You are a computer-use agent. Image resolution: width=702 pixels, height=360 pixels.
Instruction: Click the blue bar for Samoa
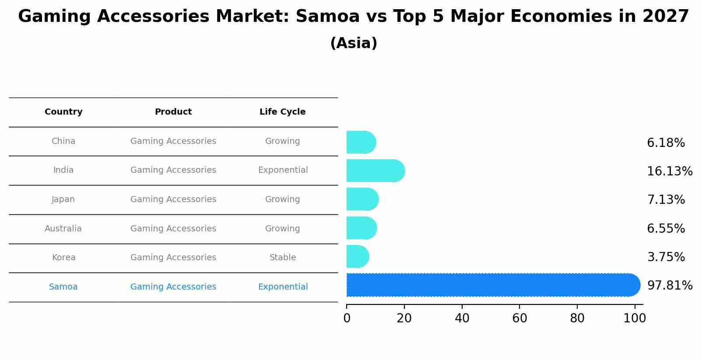pyautogui.click(x=493, y=285)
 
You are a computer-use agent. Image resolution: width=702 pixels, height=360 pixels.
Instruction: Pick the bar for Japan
pyautogui.click(x=362, y=199)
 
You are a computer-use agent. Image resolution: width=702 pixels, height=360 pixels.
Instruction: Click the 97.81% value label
pyautogui.click(x=670, y=286)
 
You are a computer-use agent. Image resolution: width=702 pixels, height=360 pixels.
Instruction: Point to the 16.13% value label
pyautogui.click(x=670, y=171)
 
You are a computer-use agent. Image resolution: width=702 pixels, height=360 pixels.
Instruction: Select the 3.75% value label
pyautogui.click(x=666, y=257)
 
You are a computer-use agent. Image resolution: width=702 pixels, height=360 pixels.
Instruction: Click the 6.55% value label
pyautogui.click(x=666, y=229)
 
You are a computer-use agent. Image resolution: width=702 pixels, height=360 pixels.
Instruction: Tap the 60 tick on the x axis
pyautogui.click(x=519, y=318)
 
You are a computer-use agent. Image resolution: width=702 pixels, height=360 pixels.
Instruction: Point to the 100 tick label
pyautogui.click(x=635, y=318)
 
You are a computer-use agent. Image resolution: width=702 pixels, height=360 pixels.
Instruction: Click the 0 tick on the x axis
pyautogui.click(x=347, y=318)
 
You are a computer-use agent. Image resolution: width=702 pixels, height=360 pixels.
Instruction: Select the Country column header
pyautogui.click(x=63, y=112)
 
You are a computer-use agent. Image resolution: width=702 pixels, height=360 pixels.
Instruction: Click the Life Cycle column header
pyautogui.click(x=282, y=112)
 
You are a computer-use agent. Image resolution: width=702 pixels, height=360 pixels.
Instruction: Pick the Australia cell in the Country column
pyautogui.click(x=63, y=229)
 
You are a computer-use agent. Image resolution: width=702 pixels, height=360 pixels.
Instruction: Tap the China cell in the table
pyautogui.click(x=63, y=141)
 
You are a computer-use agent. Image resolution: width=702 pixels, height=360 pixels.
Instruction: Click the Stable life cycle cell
pyautogui.click(x=282, y=258)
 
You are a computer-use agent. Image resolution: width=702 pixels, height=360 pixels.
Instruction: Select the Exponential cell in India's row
pyautogui.click(x=283, y=170)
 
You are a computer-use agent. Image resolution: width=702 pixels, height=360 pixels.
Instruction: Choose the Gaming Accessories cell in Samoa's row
pyautogui.click(x=173, y=287)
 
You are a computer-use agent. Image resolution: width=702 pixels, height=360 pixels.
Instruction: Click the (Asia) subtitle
pyautogui.click(x=354, y=43)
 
